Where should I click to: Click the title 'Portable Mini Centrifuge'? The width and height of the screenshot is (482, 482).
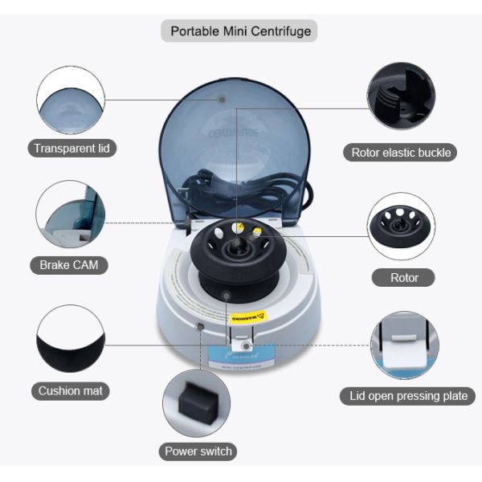[x=240, y=31]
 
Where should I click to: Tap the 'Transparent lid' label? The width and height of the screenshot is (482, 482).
[x=71, y=148]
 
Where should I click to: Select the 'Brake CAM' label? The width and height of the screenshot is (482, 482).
[x=71, y=265]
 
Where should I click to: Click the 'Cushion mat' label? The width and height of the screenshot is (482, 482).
[x=71, y=391]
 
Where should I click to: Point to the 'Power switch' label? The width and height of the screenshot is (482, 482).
[x=198, y=451]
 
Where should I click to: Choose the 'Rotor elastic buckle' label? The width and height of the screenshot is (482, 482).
[x=401, y=153]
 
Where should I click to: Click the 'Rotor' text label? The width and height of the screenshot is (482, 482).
[x=404, y=278]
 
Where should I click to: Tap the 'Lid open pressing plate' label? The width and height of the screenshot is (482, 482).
[x=408, y=396]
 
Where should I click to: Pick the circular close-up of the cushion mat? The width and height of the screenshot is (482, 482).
[x=71, y=339]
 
